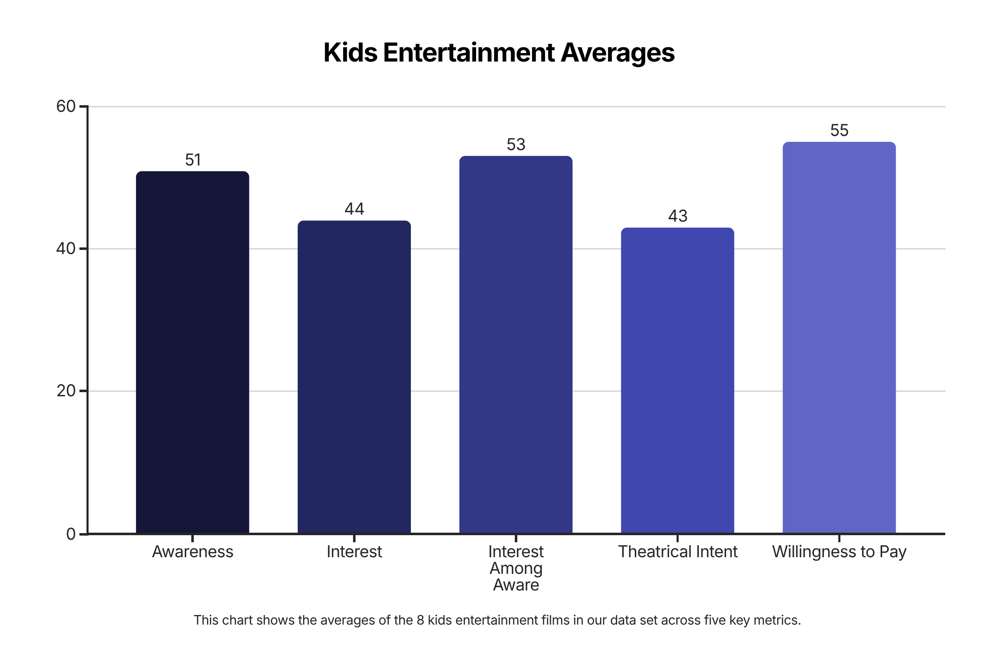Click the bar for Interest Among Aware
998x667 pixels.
click(516, 345)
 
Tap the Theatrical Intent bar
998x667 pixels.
click(677, 381)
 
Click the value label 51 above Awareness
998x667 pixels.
click(193, 160)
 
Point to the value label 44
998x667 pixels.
click(354, 209)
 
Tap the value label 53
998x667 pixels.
click(516, 145)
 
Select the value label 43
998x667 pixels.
click(677, 216)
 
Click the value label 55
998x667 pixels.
click(839, 130)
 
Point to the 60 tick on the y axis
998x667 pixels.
click(66, 106)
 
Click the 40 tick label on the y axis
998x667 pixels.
click(66, 249)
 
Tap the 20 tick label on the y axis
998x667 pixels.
click(66, 391)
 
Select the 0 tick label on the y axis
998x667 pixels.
click(71, 534)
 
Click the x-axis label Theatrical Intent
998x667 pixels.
click(677, 552)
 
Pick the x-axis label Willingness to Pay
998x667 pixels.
click(839, 552)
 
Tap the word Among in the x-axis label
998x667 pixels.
click(516, 568)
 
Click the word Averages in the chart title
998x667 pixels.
click(617, 53)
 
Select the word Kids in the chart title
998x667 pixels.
click(350, 53)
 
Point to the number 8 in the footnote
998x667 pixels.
click(420, 620)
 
